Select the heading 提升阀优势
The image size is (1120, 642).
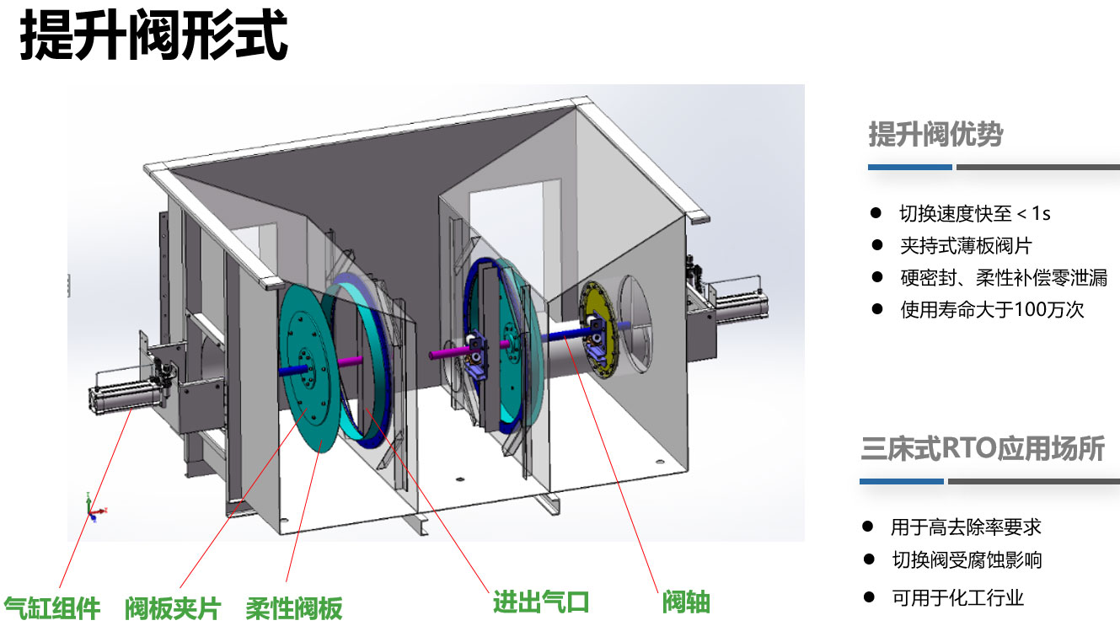[935, 134]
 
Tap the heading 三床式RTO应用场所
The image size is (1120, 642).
[982, 448]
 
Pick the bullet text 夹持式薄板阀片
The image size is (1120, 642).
[966, 246]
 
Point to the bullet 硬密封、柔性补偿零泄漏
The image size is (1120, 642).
[1003, 278]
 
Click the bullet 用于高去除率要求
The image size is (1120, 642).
[966, 527]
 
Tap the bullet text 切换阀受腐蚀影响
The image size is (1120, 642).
[967, 559]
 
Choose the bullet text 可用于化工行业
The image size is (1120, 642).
[957, 598]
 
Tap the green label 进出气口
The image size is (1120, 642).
[540, 602]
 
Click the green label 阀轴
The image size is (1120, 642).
[686, 602]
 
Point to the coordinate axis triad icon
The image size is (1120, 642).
[94, 507]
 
